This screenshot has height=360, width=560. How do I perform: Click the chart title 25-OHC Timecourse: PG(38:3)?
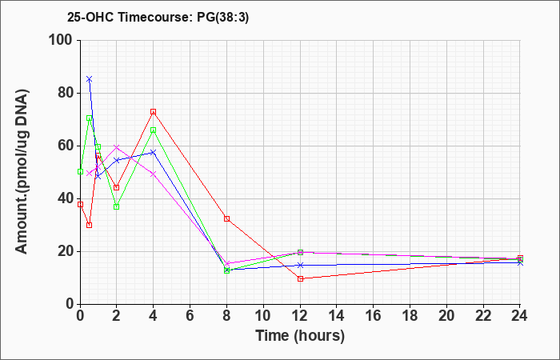[158, 18]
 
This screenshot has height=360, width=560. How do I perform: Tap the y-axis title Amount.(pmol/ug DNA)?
[22, 172]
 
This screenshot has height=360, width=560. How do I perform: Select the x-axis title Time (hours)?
[300, 336]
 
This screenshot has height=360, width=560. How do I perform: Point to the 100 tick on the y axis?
[64, 40]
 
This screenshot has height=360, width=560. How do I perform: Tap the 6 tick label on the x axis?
[190, 316]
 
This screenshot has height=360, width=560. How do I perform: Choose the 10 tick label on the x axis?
[263, 316]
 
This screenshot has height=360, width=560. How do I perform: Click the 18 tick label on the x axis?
[410, 316]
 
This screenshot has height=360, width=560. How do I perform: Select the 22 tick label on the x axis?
[483, 316]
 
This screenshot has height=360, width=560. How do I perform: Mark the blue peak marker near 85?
[90, 79]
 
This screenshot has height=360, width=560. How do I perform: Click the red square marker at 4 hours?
[154, 112]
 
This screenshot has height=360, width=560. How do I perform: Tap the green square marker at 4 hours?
[154, 130]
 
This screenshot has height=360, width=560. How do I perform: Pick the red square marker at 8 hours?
[226, 218]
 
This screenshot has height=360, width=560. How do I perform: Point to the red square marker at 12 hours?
[300, 278]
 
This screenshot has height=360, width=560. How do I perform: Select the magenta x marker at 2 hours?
[117, 146]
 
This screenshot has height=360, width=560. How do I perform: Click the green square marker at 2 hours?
[117, 206]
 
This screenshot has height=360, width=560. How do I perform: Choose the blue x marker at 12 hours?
[300, 265]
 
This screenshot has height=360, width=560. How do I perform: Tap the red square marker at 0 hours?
[80, 204]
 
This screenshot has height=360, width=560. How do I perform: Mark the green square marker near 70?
[90, 118]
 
